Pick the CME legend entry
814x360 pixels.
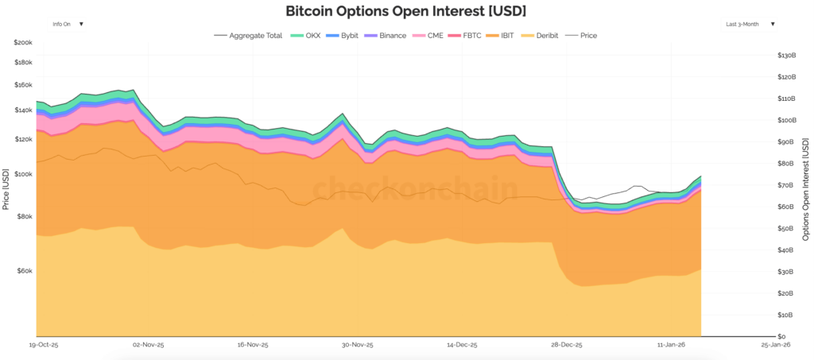(x=429, y=36)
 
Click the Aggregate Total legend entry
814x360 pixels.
(x=250, y=36)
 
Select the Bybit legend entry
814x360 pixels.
(x=344, y=36)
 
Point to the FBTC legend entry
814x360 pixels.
(x=467, y=36)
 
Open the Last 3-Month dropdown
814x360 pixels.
(x=750, y=24)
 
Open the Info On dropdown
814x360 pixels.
(x=68, y=24)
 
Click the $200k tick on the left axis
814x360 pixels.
(x=23, y=41)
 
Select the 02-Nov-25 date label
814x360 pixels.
(x=148, y=346)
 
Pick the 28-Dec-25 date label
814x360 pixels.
(x=568, y=346)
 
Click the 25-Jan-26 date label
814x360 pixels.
(x=776, y=346)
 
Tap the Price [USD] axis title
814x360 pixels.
(x=6, y=189)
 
